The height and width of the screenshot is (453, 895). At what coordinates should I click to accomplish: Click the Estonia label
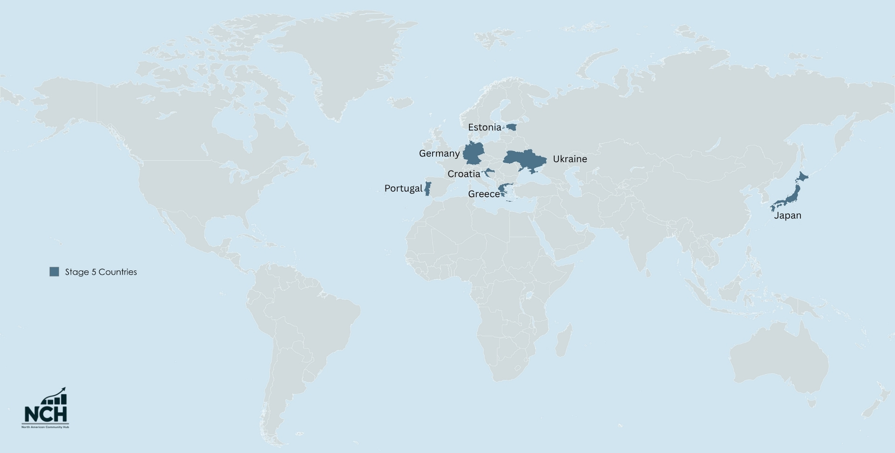pyautogui.click(x=484, y=127)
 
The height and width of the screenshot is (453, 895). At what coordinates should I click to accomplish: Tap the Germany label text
pyautogui.click(x=439, y=153)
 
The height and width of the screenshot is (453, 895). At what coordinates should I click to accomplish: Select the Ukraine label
pyautogui.click(x=570, y=159)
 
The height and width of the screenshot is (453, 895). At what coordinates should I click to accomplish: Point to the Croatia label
pyautogui.click(x=463, y=174)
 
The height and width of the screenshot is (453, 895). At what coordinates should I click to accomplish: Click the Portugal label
pyautogui.click(x=403, y=188)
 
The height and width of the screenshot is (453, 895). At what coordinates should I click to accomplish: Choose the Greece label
pyautogui.click(x=483, y=194)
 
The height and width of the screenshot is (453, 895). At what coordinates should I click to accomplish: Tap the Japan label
pyautogui.click(x=787, y=215)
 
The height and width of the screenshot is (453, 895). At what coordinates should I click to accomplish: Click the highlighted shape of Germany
pyautogui.click(x=473, y=153)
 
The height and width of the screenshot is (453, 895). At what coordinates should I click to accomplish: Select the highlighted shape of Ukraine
pyautogui.click(x=524, y=159)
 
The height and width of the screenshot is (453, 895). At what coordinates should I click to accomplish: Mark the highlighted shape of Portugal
pyautogui.click(x=427, y=189)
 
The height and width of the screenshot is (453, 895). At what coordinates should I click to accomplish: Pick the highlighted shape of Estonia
pyautogui.click(x=512, y=127)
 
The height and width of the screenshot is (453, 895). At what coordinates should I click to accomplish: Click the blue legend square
pyautogui.click(x=54, y=272)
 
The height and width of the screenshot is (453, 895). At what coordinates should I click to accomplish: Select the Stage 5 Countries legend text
pyautogui.click(x=101, y=272)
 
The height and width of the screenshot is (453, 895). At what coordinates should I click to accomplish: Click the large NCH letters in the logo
pyautogui.click(x=46, y=414)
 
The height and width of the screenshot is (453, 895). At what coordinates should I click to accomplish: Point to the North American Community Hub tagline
pyautogui.click(x=45, y=427)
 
